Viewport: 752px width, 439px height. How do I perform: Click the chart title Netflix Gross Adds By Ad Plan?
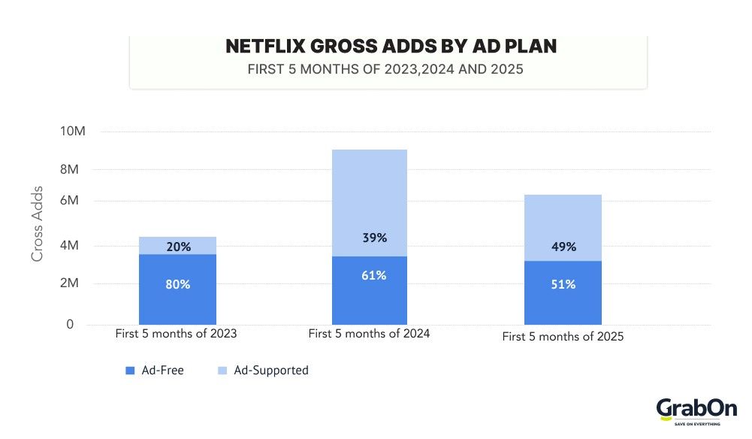[x=391, y=47]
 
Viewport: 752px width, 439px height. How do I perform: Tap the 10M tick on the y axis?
[x=74, y=132]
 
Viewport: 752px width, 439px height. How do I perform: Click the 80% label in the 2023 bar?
[x=178, y=285]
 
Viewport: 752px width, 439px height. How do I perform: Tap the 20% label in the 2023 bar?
[x=178, y=247]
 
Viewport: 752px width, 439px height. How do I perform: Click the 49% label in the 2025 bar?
[x=563, y=247]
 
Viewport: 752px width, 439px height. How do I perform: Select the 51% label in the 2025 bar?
[x=563, y=284]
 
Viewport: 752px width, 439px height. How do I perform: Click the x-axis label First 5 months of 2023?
[x=176, y=333]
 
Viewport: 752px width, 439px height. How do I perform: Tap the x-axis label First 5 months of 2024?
[x=369, y=333]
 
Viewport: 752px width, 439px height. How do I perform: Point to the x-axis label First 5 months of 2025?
[x=563, y=337]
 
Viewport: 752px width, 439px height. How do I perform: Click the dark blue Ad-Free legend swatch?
[x=129, y=371]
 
